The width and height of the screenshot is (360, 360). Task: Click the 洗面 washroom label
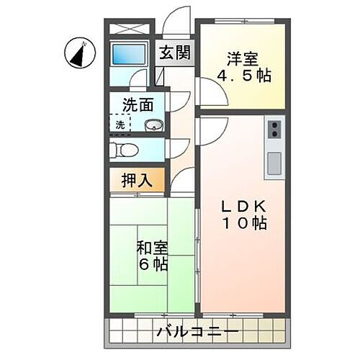tap(138, 104)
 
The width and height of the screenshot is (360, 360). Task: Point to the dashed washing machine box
tap(120, 124)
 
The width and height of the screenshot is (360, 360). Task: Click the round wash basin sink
tap(153, 126)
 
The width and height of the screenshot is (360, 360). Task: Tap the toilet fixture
tap(124, 150)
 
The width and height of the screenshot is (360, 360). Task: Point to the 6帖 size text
tap(152, 265)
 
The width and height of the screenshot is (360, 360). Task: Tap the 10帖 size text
tap(243, 224)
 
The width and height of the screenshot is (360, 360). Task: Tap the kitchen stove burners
tap(274, 131)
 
